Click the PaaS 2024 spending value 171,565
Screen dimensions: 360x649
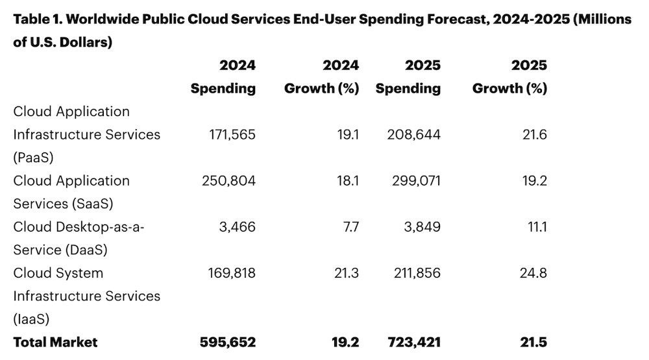click(x=229, y=135)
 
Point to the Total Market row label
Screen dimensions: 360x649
click(x=55, y=342)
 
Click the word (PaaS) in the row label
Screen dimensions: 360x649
click(x=33, y=158)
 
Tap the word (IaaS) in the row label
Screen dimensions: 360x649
click(x=32, y=319)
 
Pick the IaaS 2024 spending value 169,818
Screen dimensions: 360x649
click(x=229, y=273)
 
